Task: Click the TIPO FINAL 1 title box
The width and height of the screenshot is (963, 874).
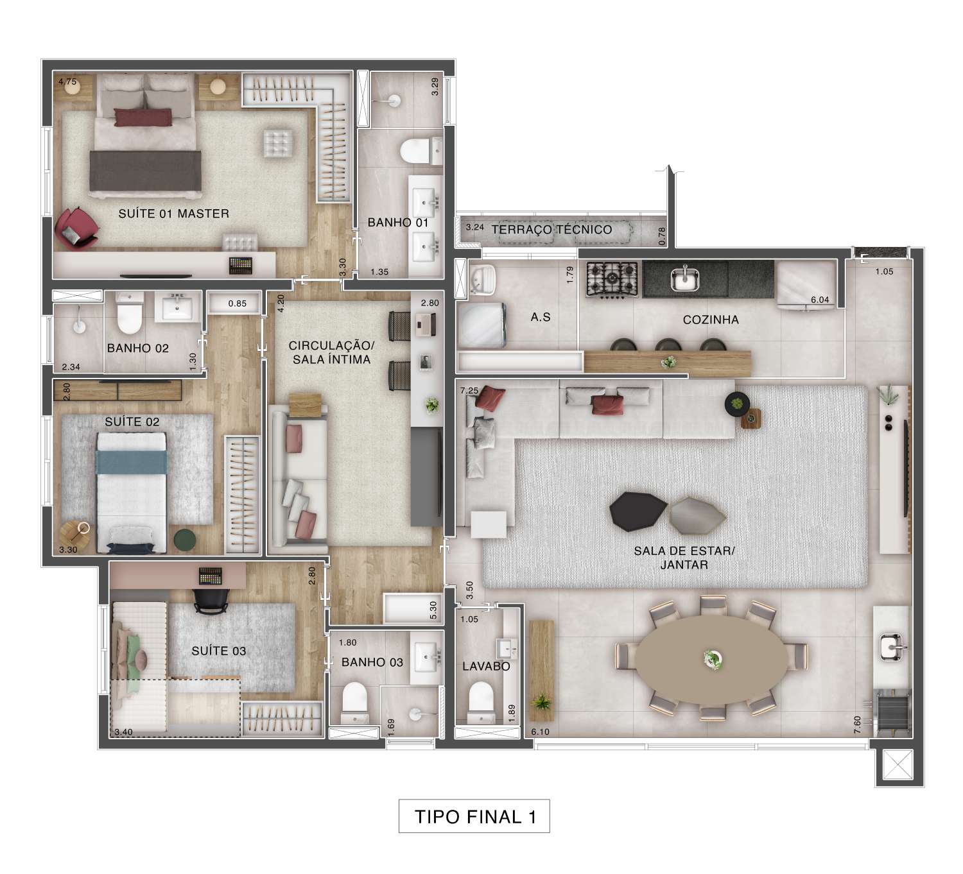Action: tap(474, 816)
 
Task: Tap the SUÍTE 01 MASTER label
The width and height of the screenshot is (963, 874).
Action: tap(173, 214)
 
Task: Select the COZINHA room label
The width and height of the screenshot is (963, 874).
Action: tap(710, 320)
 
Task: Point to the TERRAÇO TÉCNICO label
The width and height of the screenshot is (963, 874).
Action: tap(551, 230)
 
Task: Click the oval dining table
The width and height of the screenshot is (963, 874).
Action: tap(711, 660)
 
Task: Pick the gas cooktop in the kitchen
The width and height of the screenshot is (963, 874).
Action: tap(612, 279)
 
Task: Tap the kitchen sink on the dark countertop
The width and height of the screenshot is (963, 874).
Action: tap(685, 278)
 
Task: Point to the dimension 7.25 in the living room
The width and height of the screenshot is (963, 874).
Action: tap(469, 390)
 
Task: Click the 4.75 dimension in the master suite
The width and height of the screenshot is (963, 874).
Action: tap(67, 81)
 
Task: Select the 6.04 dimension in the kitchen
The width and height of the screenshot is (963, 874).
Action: tap(819, 300)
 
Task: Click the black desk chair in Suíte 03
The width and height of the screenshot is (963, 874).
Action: tap(211, 600)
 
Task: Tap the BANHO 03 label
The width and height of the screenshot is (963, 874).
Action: tap(372, 662)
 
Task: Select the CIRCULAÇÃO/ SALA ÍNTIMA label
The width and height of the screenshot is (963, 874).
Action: tap(331, 352)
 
